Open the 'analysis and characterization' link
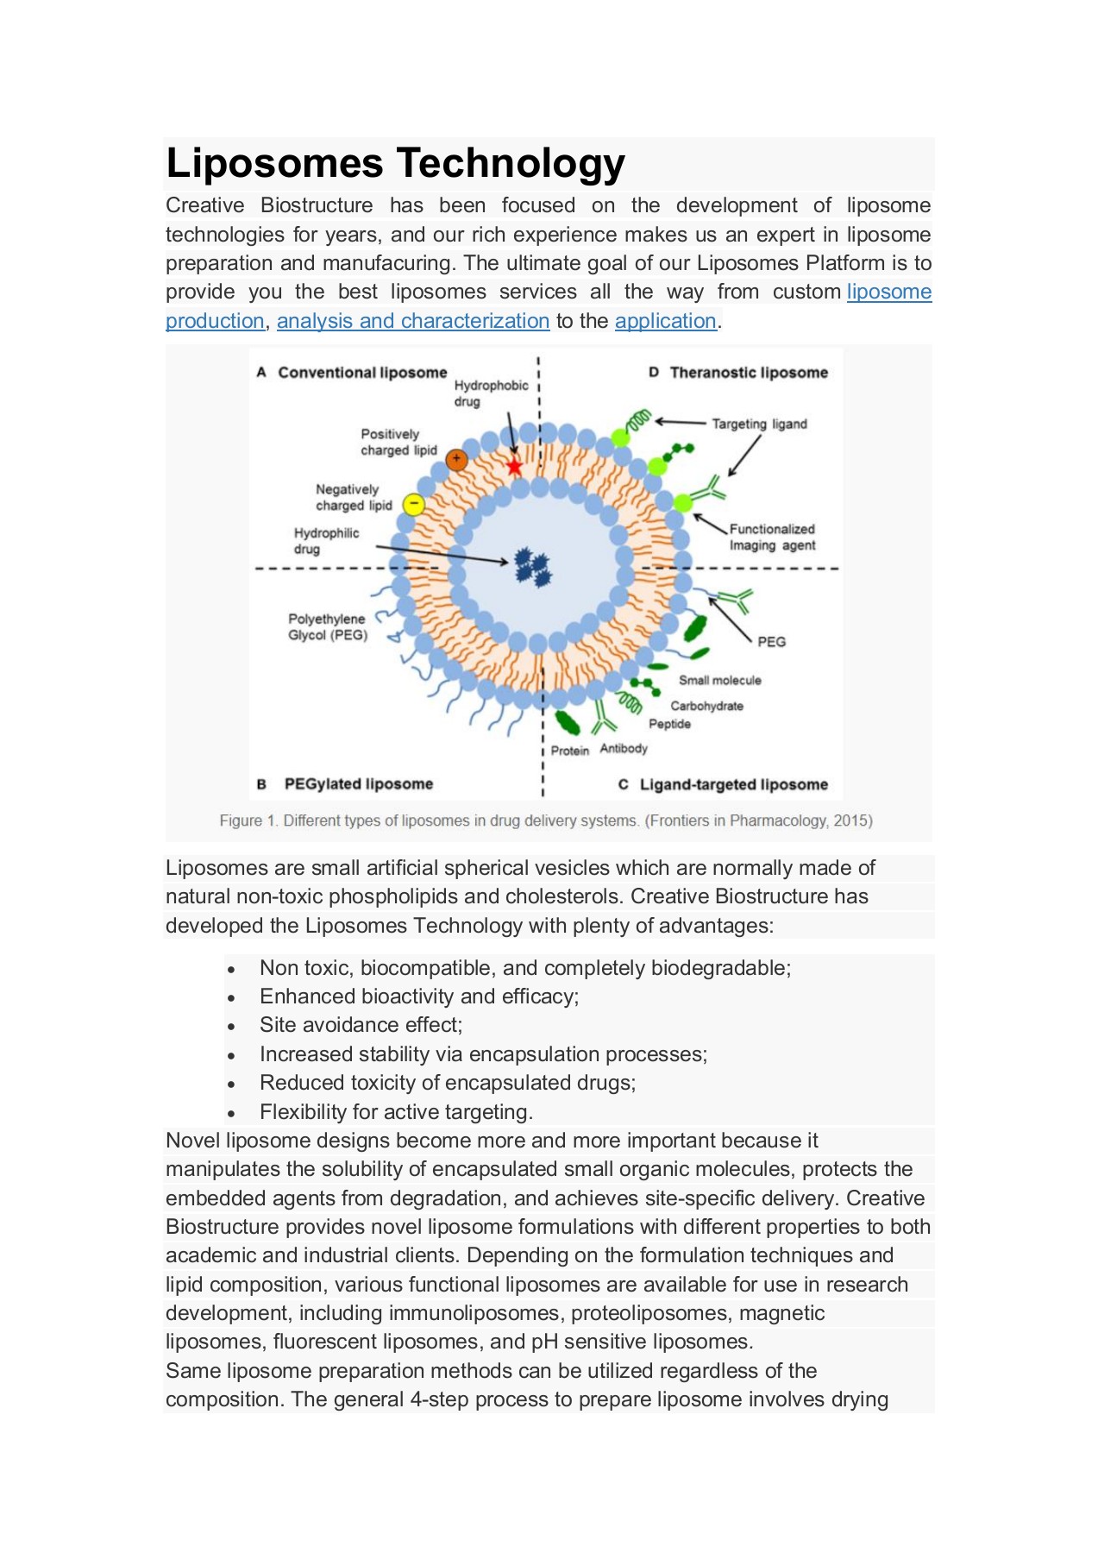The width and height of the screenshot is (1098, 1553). click(x=412, y=321)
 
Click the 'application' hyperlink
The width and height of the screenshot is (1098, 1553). click(x=665, y=321)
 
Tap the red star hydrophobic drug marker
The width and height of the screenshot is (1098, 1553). click(x=514, y=467)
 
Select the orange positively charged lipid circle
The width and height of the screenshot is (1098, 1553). click(x=456, y=460)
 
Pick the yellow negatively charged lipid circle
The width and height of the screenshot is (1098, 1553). click(x=414, y=504)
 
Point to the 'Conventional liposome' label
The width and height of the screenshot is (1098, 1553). click(x=361, y=373)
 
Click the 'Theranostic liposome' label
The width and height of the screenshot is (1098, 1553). click(x=748, y=373)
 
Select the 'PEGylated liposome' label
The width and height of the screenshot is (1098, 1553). click(x=358, y=784)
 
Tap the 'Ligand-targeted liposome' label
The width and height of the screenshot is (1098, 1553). click(x=732, y=785)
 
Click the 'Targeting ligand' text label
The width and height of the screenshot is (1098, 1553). click(x=759, y=424)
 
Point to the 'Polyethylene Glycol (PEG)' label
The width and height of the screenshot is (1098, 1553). click(x=327, y=627)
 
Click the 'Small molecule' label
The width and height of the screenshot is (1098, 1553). click(x=719, y=681)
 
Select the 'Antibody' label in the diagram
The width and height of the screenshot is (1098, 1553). click(x=623, y=748)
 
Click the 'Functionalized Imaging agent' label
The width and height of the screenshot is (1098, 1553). click(x=772, y=537)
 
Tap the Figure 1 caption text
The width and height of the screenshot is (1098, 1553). click(x=546, y=821)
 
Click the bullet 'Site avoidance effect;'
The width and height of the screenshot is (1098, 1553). click(x=361, y=1025)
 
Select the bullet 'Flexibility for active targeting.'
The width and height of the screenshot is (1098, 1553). click(x=396, y=1112)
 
